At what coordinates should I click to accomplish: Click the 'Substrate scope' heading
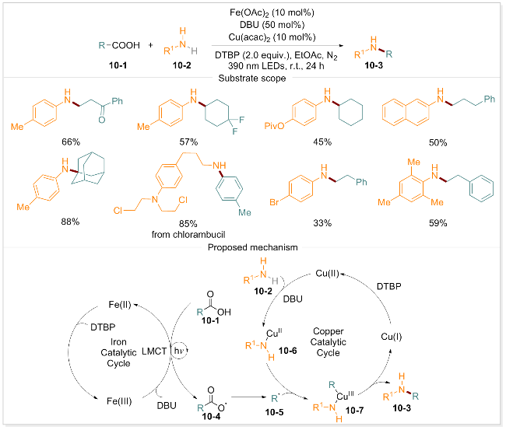pos(252,79)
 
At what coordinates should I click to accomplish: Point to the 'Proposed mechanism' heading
pos(252,247)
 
